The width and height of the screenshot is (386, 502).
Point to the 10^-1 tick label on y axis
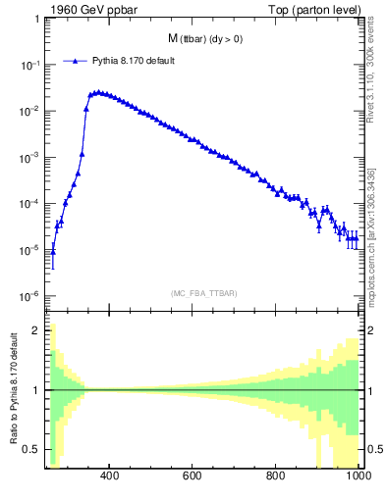pyautogui.click(x=29, y=65)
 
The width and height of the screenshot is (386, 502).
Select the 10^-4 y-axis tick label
pyautogui.click(x=29, y=204)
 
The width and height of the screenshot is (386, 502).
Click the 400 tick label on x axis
pyautogui.click(x=109, y=477)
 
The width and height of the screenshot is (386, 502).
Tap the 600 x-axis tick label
pyautogui.click(x=193, y=477)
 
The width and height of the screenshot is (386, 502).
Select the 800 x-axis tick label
pyautogui.click(x=276, y=477)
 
